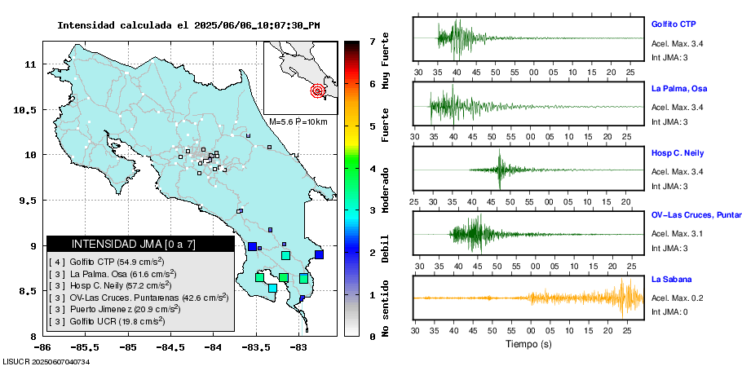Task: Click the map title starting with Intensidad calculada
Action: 188,25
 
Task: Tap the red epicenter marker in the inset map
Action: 317,91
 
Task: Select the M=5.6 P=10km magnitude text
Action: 298,121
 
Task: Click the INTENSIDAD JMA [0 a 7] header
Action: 121,244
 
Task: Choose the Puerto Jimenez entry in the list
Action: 114,309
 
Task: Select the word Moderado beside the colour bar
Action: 385,188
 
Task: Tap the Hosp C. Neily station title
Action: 678,153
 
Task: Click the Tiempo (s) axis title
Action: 529,344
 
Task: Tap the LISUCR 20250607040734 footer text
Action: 46,361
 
